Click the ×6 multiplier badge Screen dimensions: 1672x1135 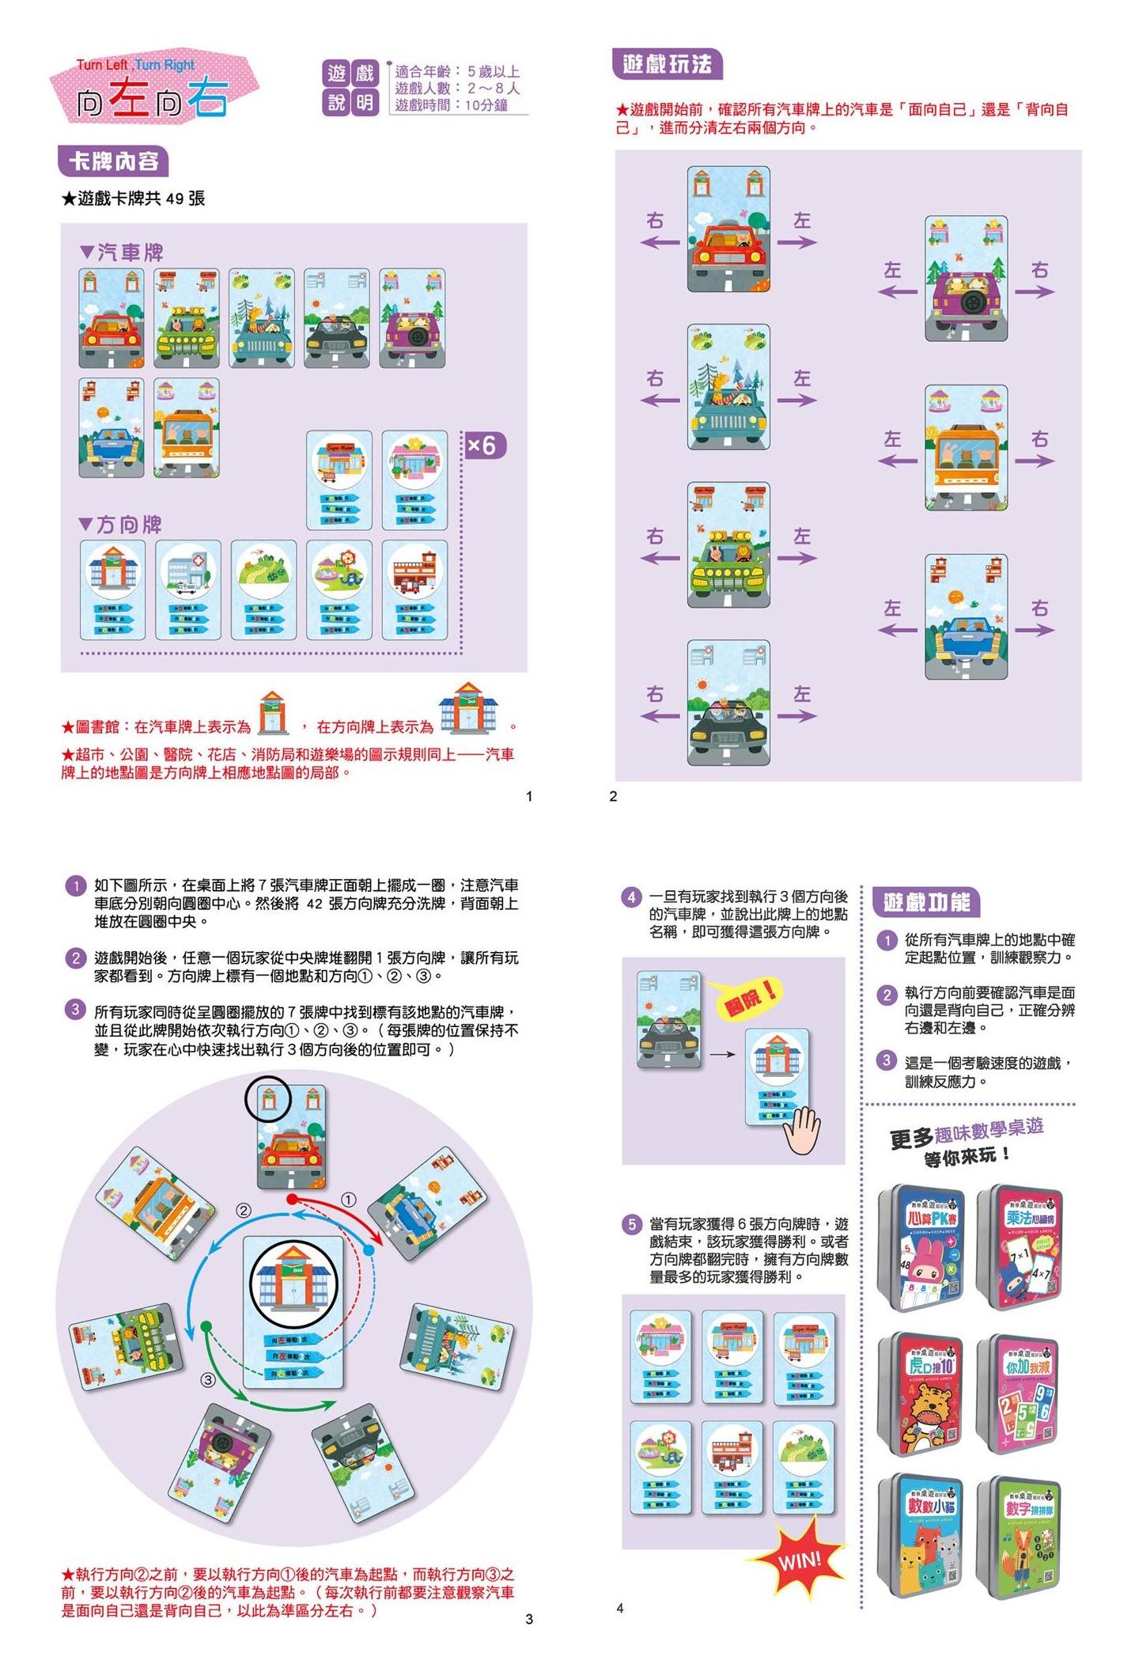click(x=483, y=445)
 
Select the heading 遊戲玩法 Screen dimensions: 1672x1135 click(x=667, y=64)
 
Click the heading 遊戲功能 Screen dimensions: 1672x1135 click(x=925, y=901)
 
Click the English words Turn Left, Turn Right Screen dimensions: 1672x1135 click(x=135, y=65)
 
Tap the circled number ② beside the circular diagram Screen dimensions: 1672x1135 click(x=244, y=1210)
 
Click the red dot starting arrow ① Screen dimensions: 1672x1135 click(x=292, y=1199)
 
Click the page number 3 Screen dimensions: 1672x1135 click(x=529, y=1619)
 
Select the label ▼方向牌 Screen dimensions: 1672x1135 click(x=121, y=525)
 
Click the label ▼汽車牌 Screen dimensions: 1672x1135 click(x=122, y=252)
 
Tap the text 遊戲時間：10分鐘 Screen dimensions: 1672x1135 click(x=451, y=105)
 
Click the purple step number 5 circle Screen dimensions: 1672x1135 click(x=631, y=1225)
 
